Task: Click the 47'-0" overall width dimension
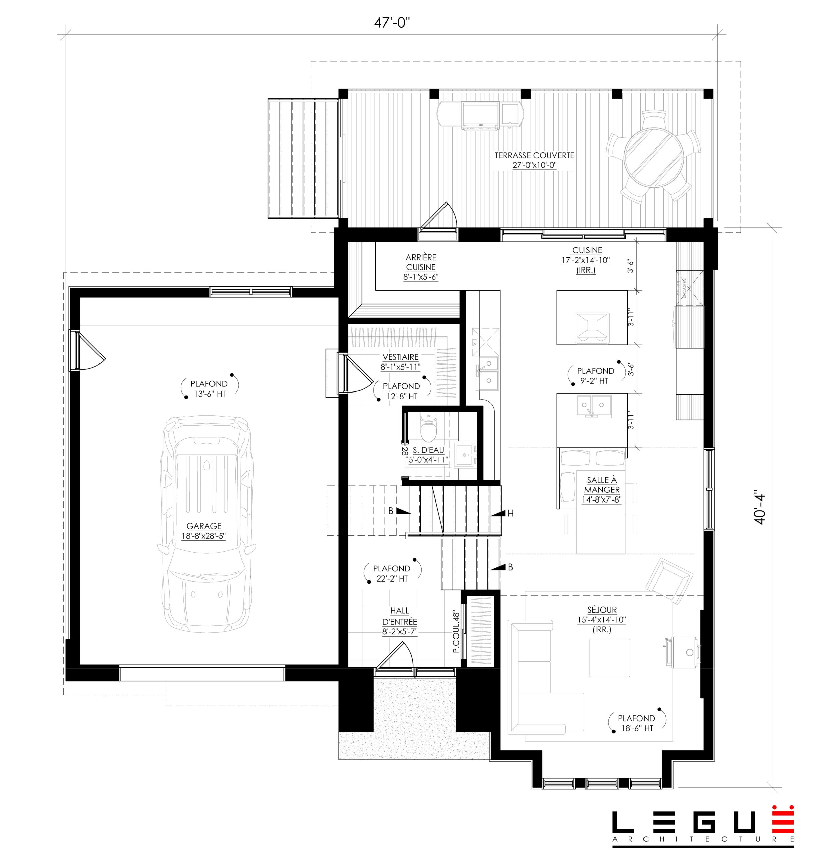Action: (x=392, y=23)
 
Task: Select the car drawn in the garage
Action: (x=206, y=524)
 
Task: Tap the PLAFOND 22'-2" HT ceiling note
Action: (x=392, y=573)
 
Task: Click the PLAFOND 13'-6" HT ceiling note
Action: (x=209, y=388)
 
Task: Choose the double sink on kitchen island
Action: (x=593, y=406)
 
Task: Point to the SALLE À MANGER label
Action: (x=601, y=489)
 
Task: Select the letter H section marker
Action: (x=510, y=513)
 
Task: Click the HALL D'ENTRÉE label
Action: (x=400, y=621)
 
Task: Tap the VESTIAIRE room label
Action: (x=400, y=361)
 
